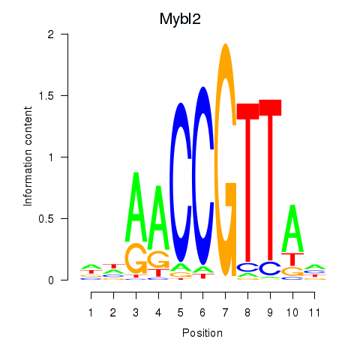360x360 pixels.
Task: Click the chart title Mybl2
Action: [180, 19]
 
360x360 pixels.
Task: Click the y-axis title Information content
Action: [28, 157]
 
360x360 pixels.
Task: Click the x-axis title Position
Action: [202, 333]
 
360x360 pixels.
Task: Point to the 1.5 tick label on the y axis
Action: [46, 96]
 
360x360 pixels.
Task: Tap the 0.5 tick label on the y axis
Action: [46, 219]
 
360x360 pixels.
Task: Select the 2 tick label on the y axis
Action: [51, 34]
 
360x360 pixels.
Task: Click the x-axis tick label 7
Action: [225, 313]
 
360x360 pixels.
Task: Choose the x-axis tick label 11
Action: [314, 313]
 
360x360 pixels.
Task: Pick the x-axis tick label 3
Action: [136, 313]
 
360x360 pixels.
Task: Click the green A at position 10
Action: [292, 228]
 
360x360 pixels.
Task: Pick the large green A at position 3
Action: [136, 207]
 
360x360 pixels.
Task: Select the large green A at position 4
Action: [158, 217]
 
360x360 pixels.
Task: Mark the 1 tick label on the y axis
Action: [51, 157]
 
